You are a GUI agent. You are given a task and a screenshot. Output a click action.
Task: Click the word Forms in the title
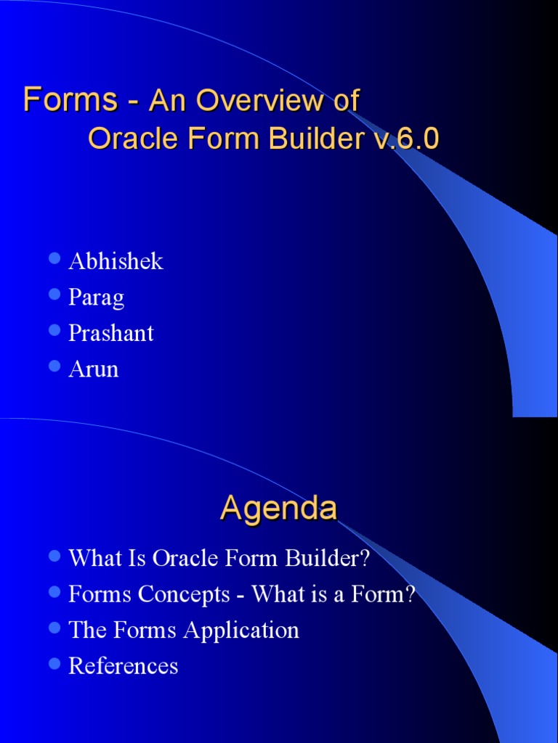tap(70, 100)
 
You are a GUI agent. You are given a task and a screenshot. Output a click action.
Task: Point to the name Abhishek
tap(116, 261)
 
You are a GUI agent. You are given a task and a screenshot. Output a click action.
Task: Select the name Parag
tap(96, 297)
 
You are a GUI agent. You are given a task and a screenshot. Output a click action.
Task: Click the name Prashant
tap(110, 333)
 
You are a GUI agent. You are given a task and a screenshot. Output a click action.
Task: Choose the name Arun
tap(93, 369)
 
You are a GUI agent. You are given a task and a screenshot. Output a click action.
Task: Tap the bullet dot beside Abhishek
tap(54, 259)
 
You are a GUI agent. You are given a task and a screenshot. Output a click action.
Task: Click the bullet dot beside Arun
tap(54, 367)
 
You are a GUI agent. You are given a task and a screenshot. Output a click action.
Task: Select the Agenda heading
tap(278, 509)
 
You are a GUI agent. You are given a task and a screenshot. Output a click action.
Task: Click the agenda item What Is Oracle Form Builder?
tap(219, 558)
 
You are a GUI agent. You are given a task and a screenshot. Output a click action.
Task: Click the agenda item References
tap(123, 666)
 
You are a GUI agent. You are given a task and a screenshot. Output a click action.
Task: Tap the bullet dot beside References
tap(54, 664)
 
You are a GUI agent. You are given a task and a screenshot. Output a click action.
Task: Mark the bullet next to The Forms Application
tap(54, 628)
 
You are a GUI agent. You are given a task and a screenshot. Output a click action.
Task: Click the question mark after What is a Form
tap(411, 594)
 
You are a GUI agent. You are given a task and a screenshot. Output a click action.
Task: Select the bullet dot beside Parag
tap(54, 295)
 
